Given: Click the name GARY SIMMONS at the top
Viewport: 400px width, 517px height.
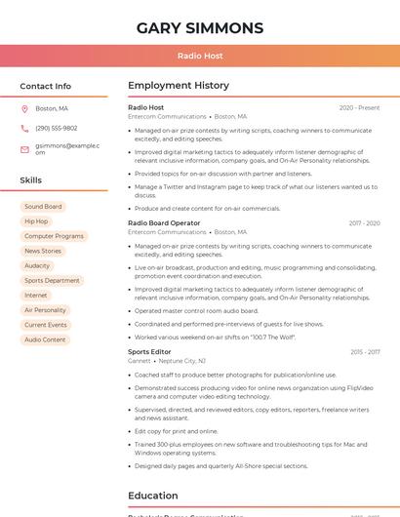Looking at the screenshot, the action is (200, 27).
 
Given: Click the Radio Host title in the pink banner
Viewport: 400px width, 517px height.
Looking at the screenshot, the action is (200, 56).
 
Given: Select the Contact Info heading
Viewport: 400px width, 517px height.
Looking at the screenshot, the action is (46, 86).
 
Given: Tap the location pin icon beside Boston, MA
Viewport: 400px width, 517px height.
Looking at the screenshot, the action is (24, 108).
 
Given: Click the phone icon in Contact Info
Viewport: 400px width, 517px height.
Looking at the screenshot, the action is (24, 128).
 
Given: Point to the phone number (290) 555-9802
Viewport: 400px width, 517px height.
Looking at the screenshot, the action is (57, 128).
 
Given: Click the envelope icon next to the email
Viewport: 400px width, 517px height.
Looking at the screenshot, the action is (24, 148).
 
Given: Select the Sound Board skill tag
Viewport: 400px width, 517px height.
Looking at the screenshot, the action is (43, 207).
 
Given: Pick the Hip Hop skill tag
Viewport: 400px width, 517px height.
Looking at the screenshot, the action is (36, 221).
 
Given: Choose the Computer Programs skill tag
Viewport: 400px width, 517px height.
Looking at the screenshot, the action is (54, 236).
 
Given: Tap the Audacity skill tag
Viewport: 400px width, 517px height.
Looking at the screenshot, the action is (37, 265).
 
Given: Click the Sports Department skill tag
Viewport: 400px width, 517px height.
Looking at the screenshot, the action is (52, 280).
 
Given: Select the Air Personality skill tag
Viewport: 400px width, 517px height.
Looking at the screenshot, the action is (45, 310).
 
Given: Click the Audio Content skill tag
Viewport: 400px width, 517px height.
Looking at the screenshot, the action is (45, 339).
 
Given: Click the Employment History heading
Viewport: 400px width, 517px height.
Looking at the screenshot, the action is (179, 86).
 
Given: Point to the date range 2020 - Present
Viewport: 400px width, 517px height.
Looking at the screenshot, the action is (359, 107).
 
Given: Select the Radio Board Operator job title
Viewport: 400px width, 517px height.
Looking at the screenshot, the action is (164, 223).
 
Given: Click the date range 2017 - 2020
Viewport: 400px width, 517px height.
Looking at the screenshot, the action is (364, 223).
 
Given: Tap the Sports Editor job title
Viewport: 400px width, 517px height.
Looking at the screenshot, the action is (149, 351).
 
